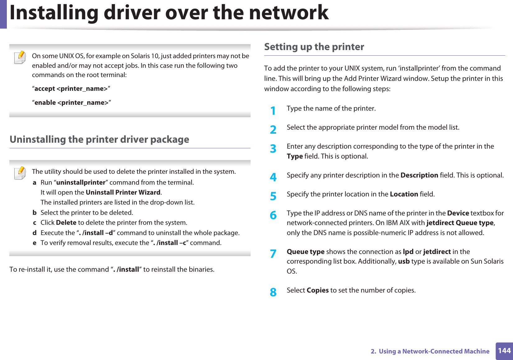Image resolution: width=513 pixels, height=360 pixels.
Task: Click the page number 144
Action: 504,351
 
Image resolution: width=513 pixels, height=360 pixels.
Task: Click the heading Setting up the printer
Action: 314,47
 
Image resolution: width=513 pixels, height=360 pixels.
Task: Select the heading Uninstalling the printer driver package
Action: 99,140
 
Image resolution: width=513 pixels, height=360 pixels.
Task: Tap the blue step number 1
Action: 273,110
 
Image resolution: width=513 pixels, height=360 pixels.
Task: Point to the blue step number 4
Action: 273,177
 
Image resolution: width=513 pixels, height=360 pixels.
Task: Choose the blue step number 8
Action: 273,292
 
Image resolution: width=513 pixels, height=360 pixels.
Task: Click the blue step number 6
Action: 273,215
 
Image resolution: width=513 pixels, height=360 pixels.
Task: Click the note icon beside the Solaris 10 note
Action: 20,58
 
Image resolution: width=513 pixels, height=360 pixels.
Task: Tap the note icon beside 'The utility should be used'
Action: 20,173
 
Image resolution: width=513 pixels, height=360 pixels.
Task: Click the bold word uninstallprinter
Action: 81,182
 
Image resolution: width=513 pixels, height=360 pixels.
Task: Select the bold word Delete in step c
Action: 66,223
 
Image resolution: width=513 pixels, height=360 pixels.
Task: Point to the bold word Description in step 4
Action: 419,175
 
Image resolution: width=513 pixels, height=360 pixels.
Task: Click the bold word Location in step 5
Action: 404,194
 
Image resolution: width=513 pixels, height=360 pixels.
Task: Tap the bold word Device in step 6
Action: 458,213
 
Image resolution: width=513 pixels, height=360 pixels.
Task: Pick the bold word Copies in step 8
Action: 317,290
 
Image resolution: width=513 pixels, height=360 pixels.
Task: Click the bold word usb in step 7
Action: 404,261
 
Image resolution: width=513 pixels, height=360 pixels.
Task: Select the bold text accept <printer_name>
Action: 71,89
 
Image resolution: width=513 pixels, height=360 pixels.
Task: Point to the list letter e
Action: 35,243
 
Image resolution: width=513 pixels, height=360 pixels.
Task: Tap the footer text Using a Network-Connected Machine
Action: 434,351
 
